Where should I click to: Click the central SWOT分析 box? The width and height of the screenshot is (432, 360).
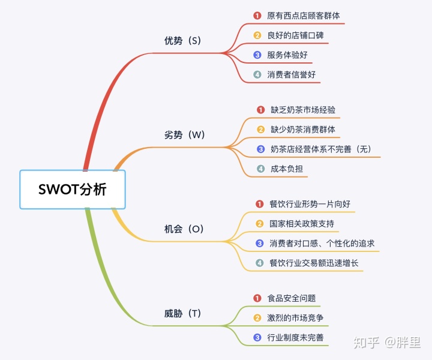73,189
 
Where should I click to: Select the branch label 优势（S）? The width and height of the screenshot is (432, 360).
182,41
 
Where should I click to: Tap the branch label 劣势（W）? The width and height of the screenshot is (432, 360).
185,135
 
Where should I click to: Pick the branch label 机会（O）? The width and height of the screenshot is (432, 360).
185,229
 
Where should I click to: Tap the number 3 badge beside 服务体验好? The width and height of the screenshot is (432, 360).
257,55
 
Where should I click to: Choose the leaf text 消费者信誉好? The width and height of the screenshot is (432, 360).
291,75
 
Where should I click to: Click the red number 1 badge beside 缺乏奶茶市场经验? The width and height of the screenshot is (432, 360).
260,110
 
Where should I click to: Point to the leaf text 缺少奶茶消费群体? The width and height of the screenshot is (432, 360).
303,130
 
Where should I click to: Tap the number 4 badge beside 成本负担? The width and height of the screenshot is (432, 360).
260,169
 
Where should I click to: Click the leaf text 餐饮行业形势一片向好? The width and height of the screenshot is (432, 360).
310,204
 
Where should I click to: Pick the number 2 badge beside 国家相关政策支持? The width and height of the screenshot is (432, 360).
260,224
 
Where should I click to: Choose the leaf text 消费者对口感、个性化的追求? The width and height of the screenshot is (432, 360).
322,244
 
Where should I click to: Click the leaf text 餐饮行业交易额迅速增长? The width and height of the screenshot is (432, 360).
314,263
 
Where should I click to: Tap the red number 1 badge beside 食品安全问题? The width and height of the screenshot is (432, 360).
257,298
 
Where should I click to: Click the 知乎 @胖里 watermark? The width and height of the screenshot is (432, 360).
388,343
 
